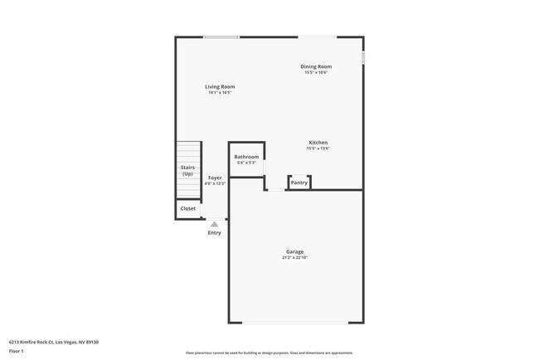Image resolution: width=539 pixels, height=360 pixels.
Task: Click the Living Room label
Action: tap(220, 86)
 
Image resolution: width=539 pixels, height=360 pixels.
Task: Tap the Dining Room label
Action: tap(316, 66)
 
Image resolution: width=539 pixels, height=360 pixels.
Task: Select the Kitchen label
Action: tap(318, 143)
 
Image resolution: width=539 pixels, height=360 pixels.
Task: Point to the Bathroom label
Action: tap(246, 157)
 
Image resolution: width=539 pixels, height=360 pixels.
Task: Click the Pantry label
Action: tap(299, 182)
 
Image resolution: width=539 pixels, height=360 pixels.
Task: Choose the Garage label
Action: tap(294, 251)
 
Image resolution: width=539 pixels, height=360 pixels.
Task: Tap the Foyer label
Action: tap(215, 178)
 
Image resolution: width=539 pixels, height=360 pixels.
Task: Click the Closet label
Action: tap(188, 208)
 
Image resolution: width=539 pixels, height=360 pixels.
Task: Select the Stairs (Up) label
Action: tap(188, 171)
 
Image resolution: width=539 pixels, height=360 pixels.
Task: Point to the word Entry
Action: tap(215, 232)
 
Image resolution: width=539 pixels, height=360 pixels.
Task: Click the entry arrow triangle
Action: tap(214, 223)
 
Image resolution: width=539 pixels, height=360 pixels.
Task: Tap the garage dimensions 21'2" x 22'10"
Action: tap(294, 258)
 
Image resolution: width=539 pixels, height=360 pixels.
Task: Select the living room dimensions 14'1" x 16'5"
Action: tap(220, 92)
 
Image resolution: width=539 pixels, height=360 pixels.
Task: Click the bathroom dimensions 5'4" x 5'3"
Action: tap(246, 163)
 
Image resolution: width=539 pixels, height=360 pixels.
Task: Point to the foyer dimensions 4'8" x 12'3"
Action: tap(215, 183)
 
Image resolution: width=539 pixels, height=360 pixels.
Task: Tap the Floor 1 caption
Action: tap(17, 351)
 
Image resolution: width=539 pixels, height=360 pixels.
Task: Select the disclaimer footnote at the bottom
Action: tap(269, 353)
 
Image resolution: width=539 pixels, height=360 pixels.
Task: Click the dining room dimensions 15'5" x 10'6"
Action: tap(316, 72)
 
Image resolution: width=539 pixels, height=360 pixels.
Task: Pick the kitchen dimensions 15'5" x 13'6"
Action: tap(318, 148)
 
